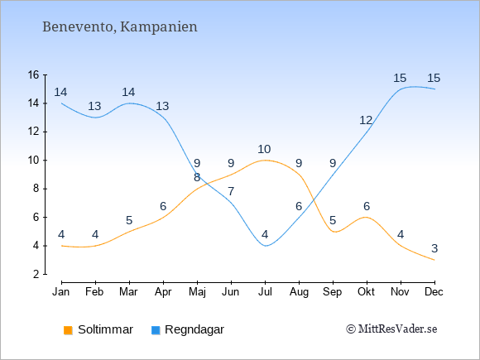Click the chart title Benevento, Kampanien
pos(120,27)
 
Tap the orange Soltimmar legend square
pos(68,330)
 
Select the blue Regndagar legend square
pos(156,330)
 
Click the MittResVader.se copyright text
pos(391,329)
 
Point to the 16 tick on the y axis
pos(34,74)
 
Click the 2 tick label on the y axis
pos(36,274)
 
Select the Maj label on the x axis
pos(197,292)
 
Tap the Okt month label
pos(367,292)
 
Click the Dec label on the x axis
pos(434,292)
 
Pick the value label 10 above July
pos(264,150)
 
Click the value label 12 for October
pos(366,121)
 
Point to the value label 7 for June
pos(231,192)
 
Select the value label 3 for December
pos(434,248)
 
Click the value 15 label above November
pos(400,79)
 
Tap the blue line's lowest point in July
pos(265,246)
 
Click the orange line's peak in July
pos(265,160)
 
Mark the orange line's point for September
pos(333,232)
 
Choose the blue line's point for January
pos(62,103)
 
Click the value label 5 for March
pos(129,220)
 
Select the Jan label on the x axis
pos(61,292)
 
